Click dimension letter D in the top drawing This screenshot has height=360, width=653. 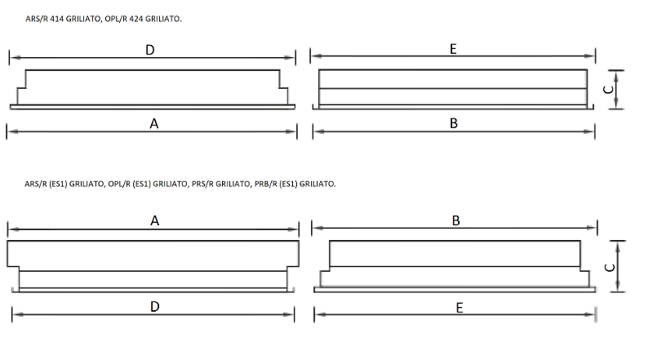point(150,50)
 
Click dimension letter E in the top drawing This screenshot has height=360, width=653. point(453,49)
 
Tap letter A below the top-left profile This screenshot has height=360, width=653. point(154,124)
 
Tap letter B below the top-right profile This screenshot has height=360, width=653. point(454,123)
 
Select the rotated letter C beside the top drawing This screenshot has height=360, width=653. point(608,90)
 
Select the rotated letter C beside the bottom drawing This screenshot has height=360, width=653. point(610,268)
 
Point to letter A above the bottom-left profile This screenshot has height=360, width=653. point(154,220)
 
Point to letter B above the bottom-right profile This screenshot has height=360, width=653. point(456,220)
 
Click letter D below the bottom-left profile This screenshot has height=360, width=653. point(154,307)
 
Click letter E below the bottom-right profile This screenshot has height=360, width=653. point(460,308)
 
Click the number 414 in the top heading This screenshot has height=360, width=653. point(56,19)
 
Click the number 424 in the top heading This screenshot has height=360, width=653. point(136,19)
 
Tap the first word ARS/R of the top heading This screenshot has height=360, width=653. point(37,19)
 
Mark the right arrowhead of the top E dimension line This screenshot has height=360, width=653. point(589,56)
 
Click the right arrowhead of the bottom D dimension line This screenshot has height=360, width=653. point(289,314)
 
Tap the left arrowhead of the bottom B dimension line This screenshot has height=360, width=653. point(318,228)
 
